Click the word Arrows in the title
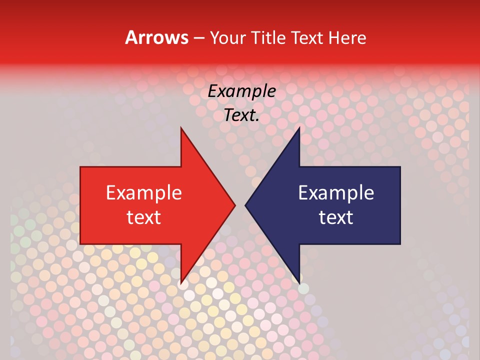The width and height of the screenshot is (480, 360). point(156,37)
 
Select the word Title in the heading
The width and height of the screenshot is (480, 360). point(269,37)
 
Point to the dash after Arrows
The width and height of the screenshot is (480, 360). point(198,38)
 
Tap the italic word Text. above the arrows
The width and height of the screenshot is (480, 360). point(241,115)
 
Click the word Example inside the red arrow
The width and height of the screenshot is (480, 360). point(144,192)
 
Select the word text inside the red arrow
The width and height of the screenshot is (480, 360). point(144,217)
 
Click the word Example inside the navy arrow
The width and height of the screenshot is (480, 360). point(336,192)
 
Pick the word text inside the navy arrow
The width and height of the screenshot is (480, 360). point(336,217)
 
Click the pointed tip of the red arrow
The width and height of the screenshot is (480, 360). point(234,205)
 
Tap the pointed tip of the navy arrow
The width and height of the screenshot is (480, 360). point(246,205)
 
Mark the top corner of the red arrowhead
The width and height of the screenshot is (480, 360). point(181,128)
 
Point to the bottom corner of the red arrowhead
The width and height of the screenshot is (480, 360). point(181,283)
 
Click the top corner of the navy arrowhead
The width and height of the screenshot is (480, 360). point(299,128)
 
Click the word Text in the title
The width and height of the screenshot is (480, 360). point(307,37)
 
